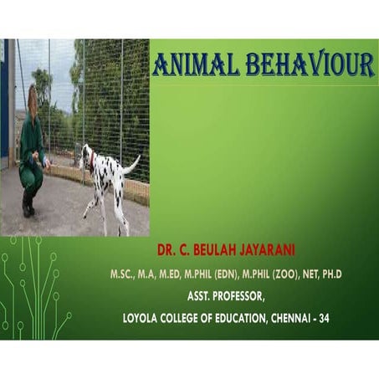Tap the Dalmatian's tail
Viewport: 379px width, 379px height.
[131, 164]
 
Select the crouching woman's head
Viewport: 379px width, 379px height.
[33, 99]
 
